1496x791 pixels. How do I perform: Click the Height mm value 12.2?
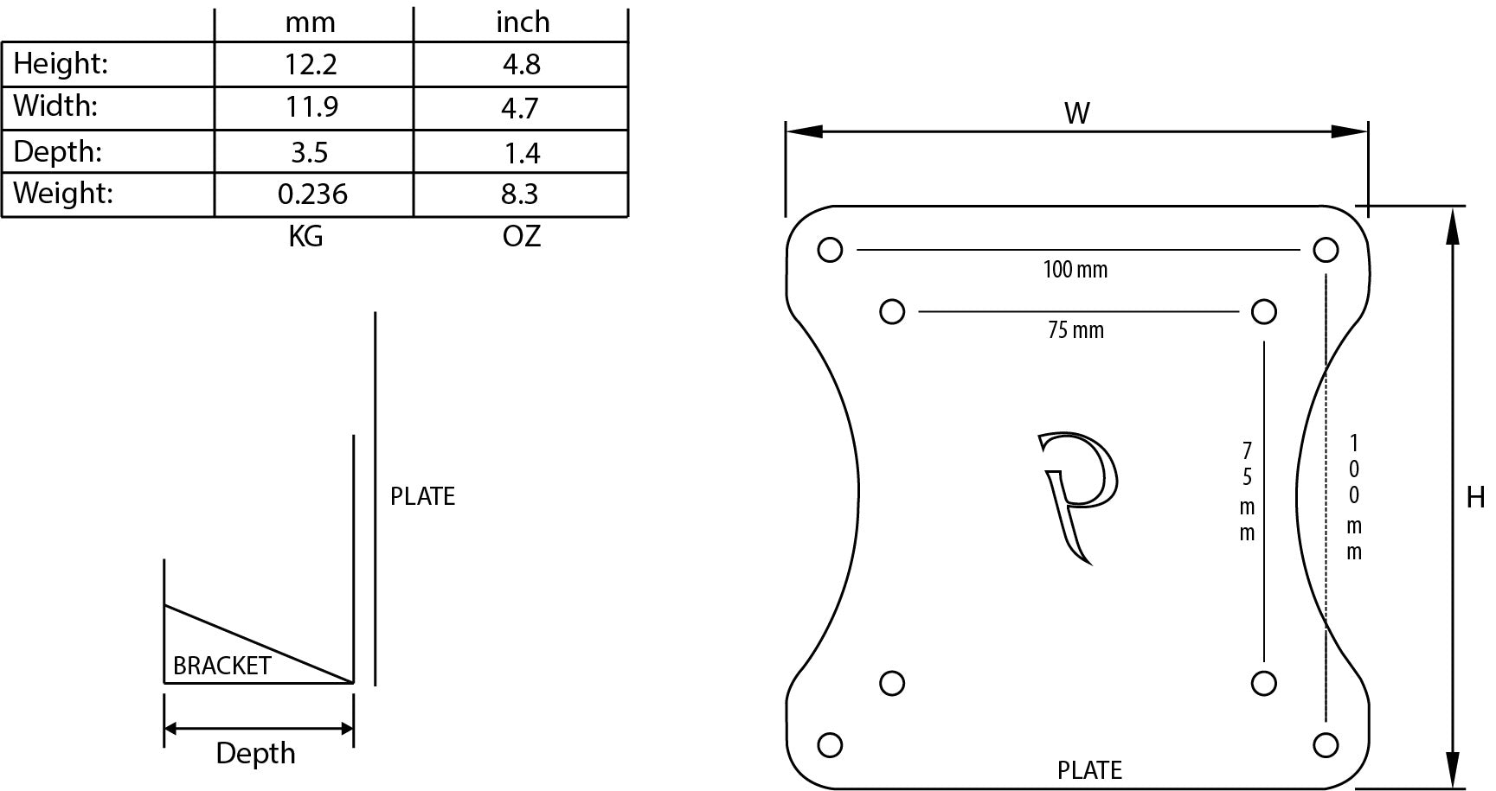click(x=311, y=65)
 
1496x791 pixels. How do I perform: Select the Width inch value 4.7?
click(x=520, y=108)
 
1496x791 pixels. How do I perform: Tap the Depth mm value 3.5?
click(x=309, y=153)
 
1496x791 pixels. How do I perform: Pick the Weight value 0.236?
click(x=312, y=195)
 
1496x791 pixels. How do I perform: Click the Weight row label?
click(x=63, y=193)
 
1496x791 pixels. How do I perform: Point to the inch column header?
click(x=523, y=22)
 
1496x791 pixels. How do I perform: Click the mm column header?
click(x=310, y=22)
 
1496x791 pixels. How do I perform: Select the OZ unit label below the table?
click(x=521, y=236)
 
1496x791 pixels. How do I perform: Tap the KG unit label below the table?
click(x=305, y=236)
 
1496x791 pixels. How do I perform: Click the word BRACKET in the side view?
click(x=222, y=666)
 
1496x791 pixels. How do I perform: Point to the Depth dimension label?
click(x=255, y=754)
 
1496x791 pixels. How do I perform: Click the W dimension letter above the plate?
click(x=1076, y=113)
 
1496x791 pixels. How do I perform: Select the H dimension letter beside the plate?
click(x=1475, y=498)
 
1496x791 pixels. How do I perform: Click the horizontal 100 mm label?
click(x=1075, y=270)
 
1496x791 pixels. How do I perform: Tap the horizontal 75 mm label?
click(x=1075, y=330)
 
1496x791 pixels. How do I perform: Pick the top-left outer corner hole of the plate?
click(x=829, y=250)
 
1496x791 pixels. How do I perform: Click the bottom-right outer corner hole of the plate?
click(x=1326, y=744)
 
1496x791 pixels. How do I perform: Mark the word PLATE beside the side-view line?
click(x=422, y=496)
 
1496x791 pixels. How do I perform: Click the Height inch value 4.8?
click(x=521, y=65)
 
